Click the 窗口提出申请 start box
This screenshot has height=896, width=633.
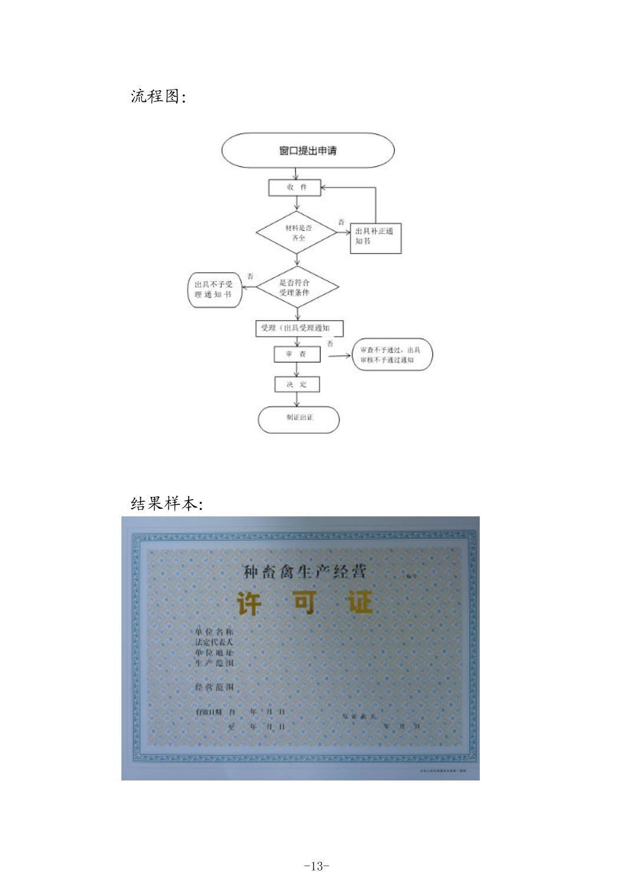click(x=308, y=151)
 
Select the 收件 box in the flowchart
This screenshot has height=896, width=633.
click(x=295, y=187)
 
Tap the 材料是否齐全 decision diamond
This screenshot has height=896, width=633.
click(x=296, y=232)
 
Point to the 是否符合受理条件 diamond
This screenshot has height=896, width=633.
click(x=298, y=288)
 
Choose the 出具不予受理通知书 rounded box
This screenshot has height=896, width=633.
click(x=215, y=289)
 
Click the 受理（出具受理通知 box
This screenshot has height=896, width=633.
click(x=299, y=328)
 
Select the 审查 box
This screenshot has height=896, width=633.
click(x=297, y=354)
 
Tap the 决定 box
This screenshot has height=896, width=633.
click(x=297, y=384)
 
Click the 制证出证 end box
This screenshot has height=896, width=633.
click(x=299, y=420)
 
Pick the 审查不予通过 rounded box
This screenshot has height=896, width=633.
click(x=392, y=354)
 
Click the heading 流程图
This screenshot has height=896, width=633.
click(x=158, y=96)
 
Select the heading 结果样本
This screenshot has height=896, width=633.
click(x=166, y=504)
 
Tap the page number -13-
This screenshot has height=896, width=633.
click(x=316, y=866)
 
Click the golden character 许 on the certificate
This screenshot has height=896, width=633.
click(x=249, y=603)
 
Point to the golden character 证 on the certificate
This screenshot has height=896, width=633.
click(x=360, y=602)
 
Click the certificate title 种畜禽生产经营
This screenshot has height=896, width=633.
click(x=305, y=571)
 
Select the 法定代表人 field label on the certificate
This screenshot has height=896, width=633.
click(x=214, y=642)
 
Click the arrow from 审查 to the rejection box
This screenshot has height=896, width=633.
click(x=339, y=355)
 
